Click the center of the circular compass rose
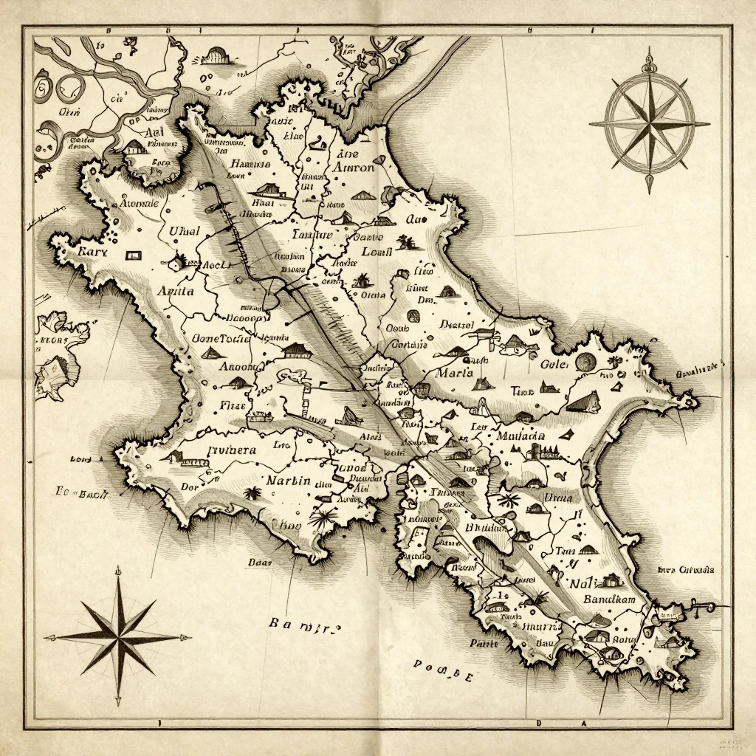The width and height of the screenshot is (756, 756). click(x=650, y=120)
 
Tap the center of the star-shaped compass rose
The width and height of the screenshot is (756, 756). click(x=118, y=636)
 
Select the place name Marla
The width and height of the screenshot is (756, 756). click(x=454, y=373)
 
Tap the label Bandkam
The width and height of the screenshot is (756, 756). click(x=609, y=599)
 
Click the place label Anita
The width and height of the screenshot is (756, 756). click(x=176, y=291)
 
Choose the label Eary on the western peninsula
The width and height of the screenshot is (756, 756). click(x=93, y=252)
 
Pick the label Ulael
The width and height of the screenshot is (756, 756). click(x=185, y=231)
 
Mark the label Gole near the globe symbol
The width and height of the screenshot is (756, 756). click(x=554, y=364)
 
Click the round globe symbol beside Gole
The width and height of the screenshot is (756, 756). click(x=585, y=361)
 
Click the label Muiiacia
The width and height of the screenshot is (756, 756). click(x=520, y=436)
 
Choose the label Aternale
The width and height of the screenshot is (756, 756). click(x=139, y=202)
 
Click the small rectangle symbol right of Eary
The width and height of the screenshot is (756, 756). click(x=133, y=255)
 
